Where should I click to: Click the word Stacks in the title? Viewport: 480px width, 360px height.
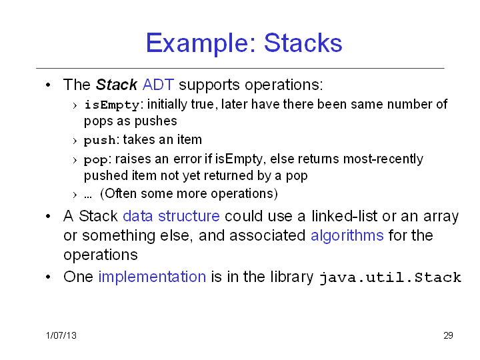coord(303,43)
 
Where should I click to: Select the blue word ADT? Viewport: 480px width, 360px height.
coord(158,85)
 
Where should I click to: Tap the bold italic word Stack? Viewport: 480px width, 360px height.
coord(117,85)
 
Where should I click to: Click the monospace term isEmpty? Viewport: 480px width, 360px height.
coord(112,105)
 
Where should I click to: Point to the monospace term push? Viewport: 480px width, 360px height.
coord(100,140)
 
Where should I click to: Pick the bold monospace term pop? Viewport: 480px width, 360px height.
coord(96,160)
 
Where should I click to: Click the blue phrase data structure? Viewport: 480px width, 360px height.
coord(171,216)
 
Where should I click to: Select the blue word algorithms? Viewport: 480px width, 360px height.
coord(347,236)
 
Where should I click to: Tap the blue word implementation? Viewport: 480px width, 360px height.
coord(152,277)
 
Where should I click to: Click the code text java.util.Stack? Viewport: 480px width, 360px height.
coord(390,277)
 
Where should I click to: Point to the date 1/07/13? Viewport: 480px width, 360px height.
coord(61,335)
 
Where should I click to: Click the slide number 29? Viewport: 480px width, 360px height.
coord(448,335)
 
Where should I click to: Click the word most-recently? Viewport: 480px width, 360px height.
coord(383,159)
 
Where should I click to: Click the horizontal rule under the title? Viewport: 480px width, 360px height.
coord(240,68)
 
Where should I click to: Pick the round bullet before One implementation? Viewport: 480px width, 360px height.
coord(48,277)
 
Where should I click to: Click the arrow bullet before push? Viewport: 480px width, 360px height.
coord(75,141)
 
